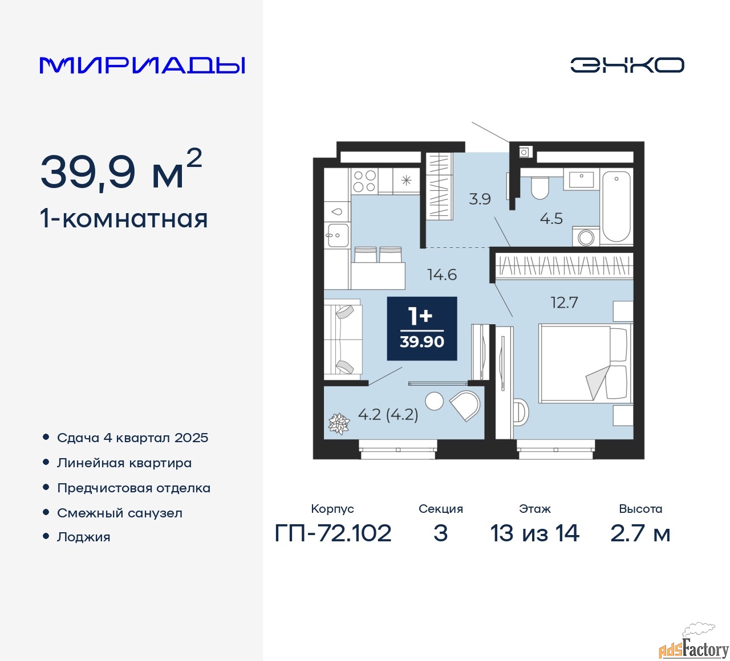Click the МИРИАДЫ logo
point(142,66)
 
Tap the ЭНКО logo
point(627,65)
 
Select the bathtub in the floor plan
point(617,206)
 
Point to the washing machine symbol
point(586,236)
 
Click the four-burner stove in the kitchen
point(364,181)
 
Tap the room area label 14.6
point(442,275)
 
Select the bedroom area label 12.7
point(564,303)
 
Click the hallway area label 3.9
point(480,199)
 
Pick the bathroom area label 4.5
point(551,218)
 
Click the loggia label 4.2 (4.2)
point(388,414)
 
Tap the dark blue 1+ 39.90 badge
point(422,329)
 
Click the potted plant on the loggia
point(339,423)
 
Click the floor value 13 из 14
point(534,533)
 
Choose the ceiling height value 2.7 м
point(640,533)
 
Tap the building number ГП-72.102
point(333,533)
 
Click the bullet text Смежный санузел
point(120,513)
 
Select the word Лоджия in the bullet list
point(83,537)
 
